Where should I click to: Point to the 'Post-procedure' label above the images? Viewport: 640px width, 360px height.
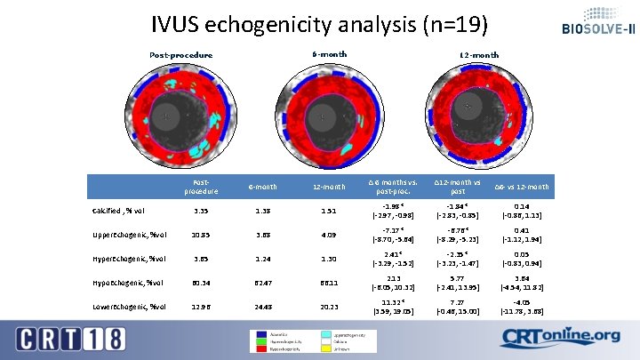[x=181, y=55]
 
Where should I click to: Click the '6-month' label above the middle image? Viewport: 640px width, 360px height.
[x=329, y=54]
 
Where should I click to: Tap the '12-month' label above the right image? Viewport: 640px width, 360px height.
[x=479, y=55]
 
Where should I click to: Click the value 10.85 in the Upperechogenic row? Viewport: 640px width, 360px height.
[x=201, y=235]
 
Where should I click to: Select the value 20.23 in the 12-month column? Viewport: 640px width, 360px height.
[x=328, y=307]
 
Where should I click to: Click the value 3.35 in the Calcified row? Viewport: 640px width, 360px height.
[x=201, y=211]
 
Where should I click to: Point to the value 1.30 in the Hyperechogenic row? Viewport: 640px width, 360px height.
[x=328, y=259]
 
